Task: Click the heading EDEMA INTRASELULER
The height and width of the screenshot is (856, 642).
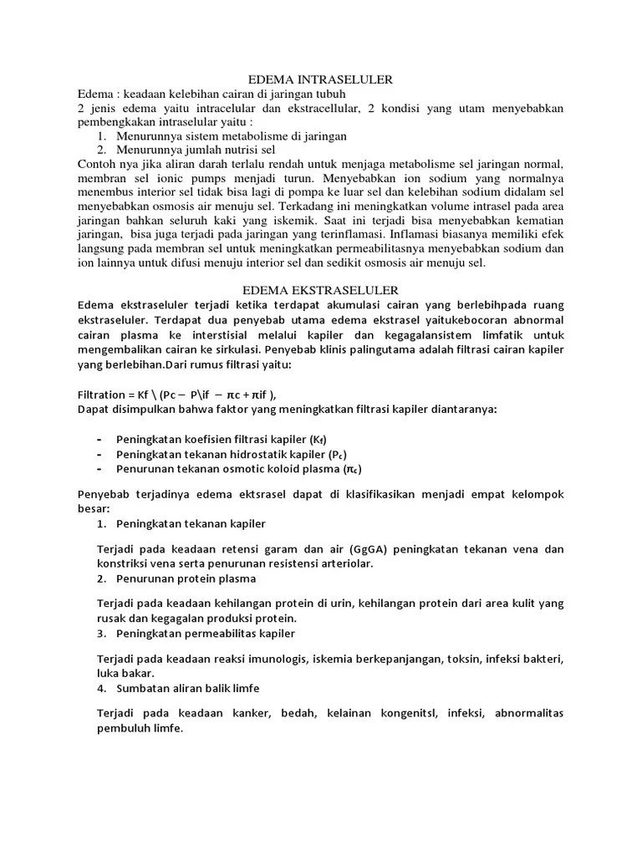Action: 322,79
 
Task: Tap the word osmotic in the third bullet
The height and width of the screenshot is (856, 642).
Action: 231,469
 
